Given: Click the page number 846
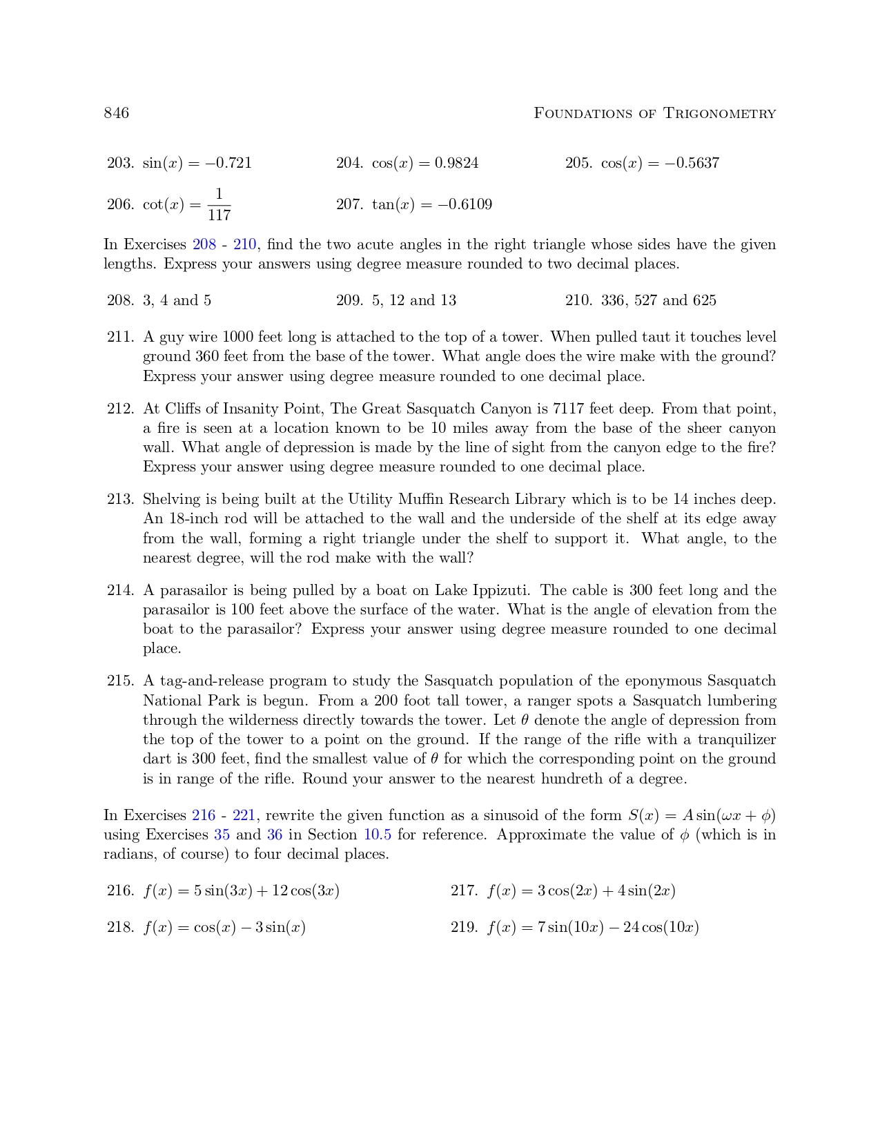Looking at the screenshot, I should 116,113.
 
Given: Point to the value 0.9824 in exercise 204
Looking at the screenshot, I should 456,163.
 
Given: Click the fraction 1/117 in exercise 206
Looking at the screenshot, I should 219,204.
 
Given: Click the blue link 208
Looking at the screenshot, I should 204,244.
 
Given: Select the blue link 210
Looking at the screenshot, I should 244,244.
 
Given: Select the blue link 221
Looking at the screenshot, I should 244,815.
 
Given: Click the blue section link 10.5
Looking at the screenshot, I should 378,835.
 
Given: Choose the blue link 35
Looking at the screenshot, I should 222,835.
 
